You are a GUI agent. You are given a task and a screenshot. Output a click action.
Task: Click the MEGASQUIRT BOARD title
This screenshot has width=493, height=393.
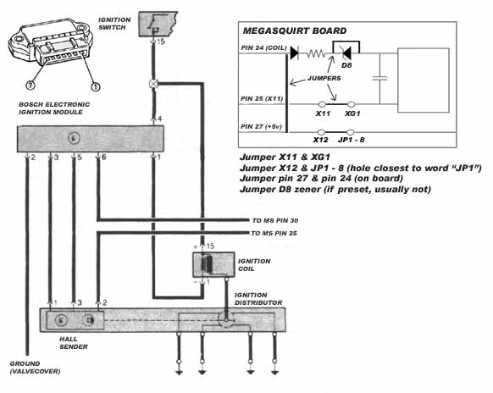point(295,30)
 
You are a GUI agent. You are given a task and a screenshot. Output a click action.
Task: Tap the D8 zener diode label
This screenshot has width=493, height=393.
point(346,65)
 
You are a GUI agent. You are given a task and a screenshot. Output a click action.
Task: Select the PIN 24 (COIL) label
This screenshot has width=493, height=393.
point(263,48)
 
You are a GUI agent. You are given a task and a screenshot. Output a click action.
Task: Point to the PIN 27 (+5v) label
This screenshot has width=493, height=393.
point(261,127)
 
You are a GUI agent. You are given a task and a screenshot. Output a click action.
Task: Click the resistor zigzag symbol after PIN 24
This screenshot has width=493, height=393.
point(316,53)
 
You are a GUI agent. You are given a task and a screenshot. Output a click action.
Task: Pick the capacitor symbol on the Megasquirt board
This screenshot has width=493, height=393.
point(379,78)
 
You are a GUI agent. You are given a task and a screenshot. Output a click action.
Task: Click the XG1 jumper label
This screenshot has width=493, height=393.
point(352,113)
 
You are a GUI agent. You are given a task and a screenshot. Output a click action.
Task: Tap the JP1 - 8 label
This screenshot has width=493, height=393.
point(352,140)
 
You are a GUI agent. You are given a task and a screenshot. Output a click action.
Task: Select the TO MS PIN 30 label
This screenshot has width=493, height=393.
point(275,221)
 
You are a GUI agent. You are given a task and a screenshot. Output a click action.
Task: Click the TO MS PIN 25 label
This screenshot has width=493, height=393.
point(274,233)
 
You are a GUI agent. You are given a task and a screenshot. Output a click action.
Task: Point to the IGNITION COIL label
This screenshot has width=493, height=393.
point(254,265)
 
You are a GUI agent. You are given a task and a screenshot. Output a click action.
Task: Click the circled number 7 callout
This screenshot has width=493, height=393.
point(30,85)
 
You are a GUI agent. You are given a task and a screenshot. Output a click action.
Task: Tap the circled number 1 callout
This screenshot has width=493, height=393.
point(96,86)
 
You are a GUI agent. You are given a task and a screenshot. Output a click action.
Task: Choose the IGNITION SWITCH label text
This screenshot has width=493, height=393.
point(114,24)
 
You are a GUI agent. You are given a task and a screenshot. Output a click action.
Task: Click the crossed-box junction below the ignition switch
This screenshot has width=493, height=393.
point(153,84)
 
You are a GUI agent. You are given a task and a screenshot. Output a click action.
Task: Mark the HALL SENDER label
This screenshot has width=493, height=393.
point(74,343)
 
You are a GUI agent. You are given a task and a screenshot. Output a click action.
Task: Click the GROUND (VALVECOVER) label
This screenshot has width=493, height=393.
point(35,368)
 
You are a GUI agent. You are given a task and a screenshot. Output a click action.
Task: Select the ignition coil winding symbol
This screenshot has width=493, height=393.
point(207,264)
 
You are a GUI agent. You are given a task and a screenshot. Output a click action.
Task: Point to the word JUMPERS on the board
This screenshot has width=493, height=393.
point(324,78)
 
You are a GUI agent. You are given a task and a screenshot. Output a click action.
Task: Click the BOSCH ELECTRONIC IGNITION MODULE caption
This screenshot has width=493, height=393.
point(54,108)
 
